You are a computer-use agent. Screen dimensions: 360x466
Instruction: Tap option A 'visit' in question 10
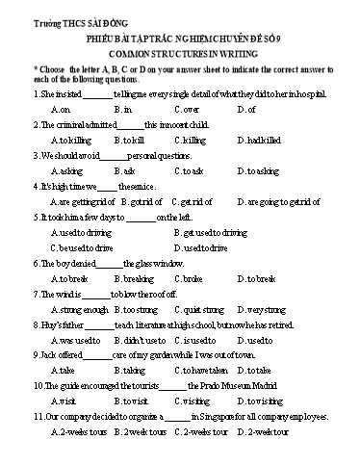tap(61, 401)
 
